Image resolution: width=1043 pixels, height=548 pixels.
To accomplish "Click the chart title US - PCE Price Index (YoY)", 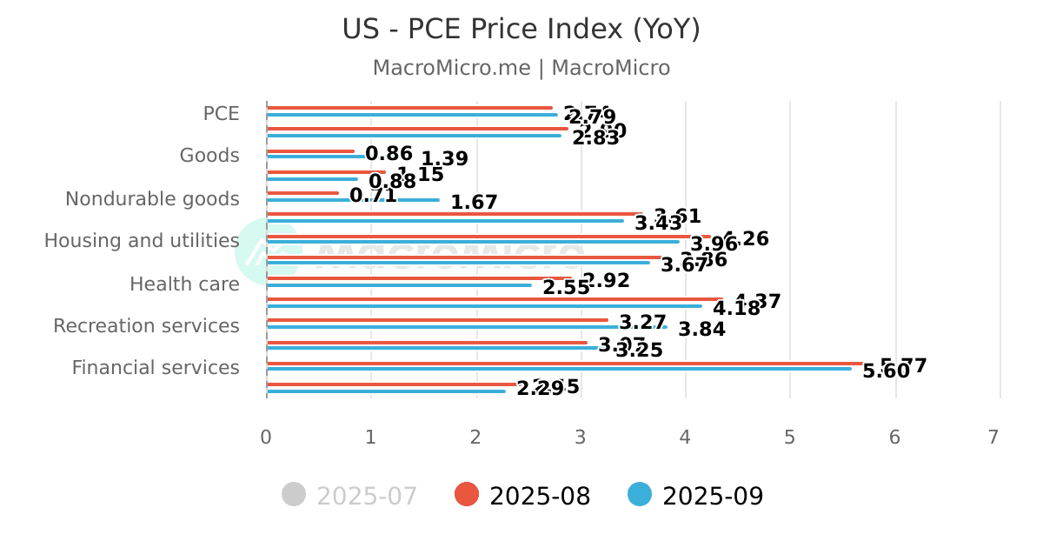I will click(x=521, y=30).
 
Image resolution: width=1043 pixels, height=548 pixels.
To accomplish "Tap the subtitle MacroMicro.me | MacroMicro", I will click(x=521, y=68).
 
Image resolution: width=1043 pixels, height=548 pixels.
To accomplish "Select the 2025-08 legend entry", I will click(x=523, y=496).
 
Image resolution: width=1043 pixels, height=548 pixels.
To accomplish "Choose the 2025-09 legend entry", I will click(x=696, y=496).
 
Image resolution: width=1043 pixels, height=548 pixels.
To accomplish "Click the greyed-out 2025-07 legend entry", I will click(x=350, y=496).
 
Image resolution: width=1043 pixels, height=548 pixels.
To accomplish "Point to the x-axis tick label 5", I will click(x=789, y=438).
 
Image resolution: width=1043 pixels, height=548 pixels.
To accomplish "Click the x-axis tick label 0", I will click(x=266, y=438).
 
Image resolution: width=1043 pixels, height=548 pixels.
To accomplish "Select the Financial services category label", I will click(x=156, y=368).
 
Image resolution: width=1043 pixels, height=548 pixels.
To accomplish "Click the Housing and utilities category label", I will click(x=142, y=241).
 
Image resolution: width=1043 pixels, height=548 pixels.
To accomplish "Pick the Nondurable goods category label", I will click(x=152, y=199).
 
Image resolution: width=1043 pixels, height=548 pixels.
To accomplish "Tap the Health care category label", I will click(x=184, y=284).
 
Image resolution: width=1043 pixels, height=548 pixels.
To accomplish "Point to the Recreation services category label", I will click(x=146, y=326).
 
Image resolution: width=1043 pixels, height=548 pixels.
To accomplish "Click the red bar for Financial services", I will click(x=565, y=363).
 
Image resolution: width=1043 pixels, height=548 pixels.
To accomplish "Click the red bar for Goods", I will click(x=310, y=151).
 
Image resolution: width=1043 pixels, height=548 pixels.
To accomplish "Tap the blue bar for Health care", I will click(x=399, y=285).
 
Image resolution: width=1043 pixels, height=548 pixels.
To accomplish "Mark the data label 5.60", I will click(x=886, y=371).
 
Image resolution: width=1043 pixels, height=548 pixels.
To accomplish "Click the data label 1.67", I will click(x=474, y=203).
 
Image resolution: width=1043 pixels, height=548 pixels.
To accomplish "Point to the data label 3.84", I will click(x=701, y=330).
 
